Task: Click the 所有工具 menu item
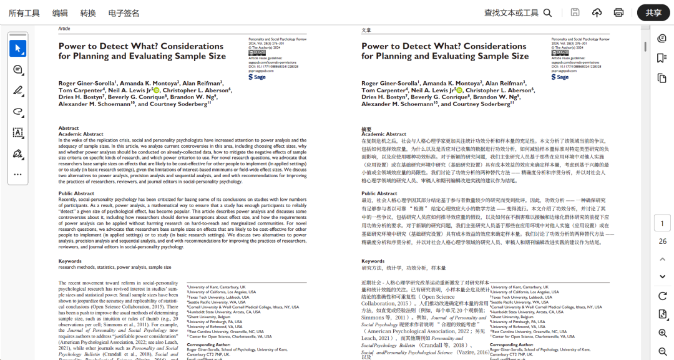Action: (24, 13)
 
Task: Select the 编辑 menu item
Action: (60, 13)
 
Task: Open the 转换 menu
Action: (88, 13)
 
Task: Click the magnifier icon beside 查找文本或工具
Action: (547, 13)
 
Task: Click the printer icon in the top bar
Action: (618, 13)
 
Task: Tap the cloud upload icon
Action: (597, 13)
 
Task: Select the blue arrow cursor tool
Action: (18, 48)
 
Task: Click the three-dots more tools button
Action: (18, 175)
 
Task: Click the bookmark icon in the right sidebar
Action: (662, 58)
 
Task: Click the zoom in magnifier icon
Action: (662, 333)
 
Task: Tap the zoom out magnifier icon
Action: (662, 351)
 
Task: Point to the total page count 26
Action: (662, 241)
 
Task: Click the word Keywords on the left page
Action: (70, 261)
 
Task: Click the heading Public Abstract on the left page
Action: (76, 193)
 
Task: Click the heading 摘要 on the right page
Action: (366, 129)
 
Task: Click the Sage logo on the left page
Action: (258, 77)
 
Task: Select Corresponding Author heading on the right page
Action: (512, 344)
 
